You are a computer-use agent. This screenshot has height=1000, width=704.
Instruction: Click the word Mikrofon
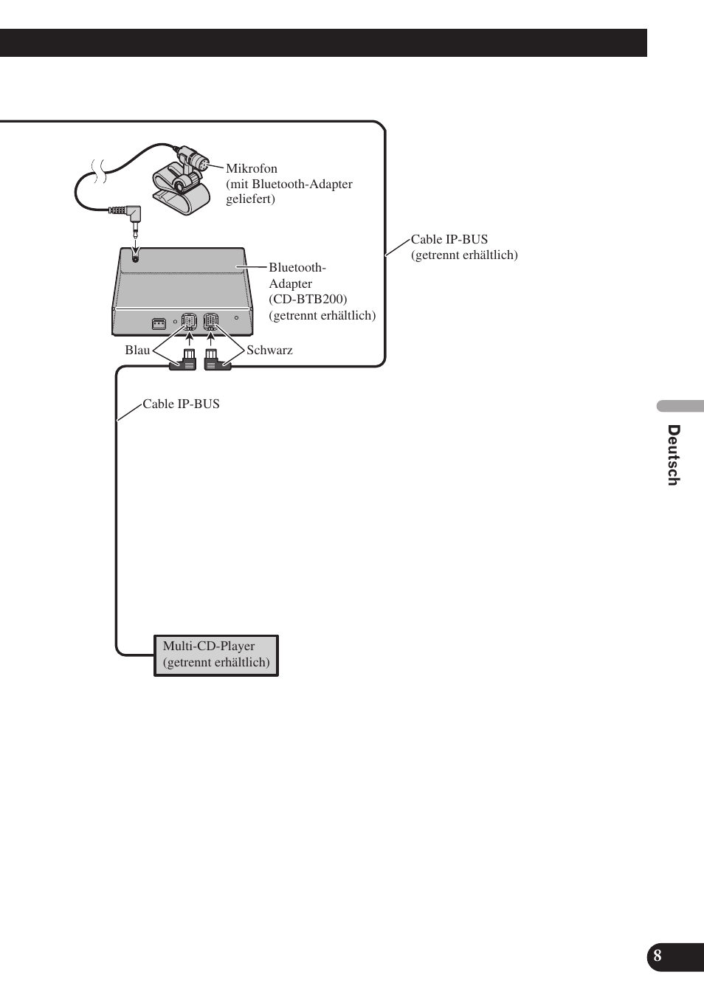251,168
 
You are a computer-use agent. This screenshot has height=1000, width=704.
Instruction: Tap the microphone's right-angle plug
134,215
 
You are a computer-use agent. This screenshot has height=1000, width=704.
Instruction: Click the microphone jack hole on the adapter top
134,256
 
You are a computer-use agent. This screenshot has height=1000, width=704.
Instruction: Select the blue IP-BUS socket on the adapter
189,322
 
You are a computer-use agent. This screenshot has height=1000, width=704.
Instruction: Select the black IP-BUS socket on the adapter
211,322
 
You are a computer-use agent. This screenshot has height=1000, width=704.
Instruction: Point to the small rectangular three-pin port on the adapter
158,323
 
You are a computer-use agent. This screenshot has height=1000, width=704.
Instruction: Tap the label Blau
137,350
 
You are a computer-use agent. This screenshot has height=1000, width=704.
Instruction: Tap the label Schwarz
269,350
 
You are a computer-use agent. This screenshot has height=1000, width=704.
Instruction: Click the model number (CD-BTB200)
308,299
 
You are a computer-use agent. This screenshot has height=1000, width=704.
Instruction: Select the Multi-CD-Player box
216,655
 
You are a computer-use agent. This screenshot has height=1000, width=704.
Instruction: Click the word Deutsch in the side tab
673,455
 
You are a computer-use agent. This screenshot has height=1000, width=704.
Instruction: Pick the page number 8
658,956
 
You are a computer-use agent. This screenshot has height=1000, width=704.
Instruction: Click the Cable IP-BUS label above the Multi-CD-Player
181,404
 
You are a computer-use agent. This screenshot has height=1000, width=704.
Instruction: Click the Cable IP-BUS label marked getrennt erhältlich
449,239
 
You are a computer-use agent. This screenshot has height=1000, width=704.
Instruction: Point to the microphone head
195,162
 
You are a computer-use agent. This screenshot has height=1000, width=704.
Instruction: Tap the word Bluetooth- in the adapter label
297,267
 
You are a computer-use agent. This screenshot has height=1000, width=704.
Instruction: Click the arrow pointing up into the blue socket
189,340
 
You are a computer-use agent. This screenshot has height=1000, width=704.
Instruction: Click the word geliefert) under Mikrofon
250,199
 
